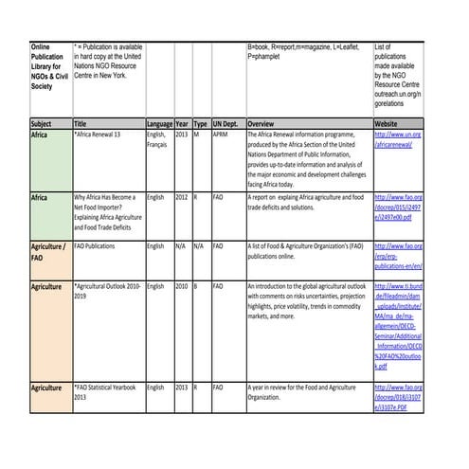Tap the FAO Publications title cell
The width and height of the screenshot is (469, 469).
(x=95, y=245)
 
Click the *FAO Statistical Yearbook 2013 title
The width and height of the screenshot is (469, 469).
(x=106, y=392)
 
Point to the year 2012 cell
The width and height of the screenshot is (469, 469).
(x=181, y=196)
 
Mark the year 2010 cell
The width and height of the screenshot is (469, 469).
(x=181, y=285)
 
